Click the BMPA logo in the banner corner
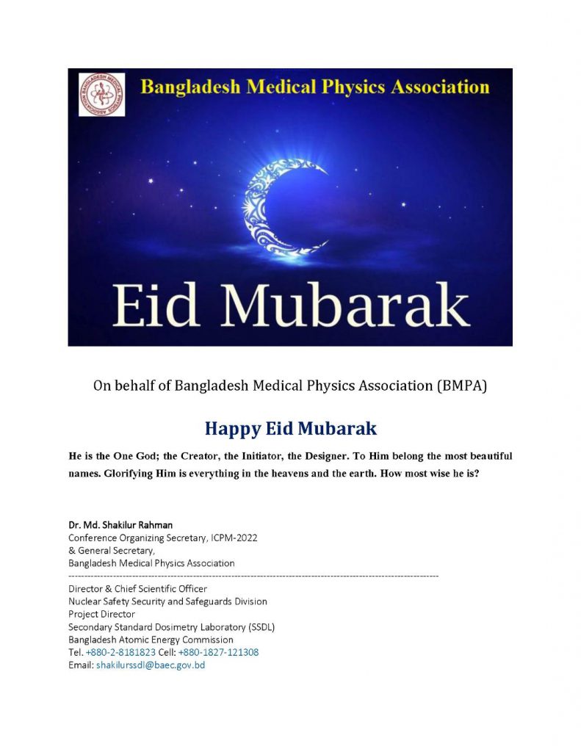(x=101, y=94)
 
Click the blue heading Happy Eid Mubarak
(x=290, y=428)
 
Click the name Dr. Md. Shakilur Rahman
(x=120, y=525)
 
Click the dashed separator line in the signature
(x=253, y=576)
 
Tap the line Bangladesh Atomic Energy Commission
(x=151, y=640)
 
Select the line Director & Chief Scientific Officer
(x=137, y=589)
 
